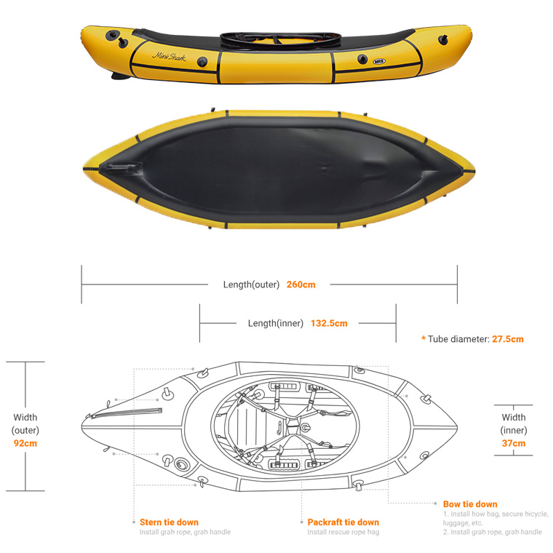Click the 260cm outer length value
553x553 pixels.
tap(301, 285)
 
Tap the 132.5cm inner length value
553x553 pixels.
tap(329, 323)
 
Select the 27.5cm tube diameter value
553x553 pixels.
tap(508, 339)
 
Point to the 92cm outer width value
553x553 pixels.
tap(25, 443)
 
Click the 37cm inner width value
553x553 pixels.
tap(514, 443)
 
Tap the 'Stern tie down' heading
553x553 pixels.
tap(169, 522)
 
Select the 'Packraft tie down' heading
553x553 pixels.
tap(343, 522)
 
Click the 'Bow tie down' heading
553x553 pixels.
tap(470, 504)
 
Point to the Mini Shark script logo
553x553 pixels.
tap(169, 57)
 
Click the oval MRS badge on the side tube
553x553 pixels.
tap(379, 62)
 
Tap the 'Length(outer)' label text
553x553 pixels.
tap(251, 285)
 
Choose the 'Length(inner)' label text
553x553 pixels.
tap(276, 323)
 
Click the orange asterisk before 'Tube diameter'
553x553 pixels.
tap(423, 338)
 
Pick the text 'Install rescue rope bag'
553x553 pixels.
tap(343, 532)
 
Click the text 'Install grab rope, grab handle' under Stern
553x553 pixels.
tap(185, 532)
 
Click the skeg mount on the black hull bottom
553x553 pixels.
tap(121, 168)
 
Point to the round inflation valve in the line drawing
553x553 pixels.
tap(181, 464)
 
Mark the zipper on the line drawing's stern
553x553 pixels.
tap(127, 413)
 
